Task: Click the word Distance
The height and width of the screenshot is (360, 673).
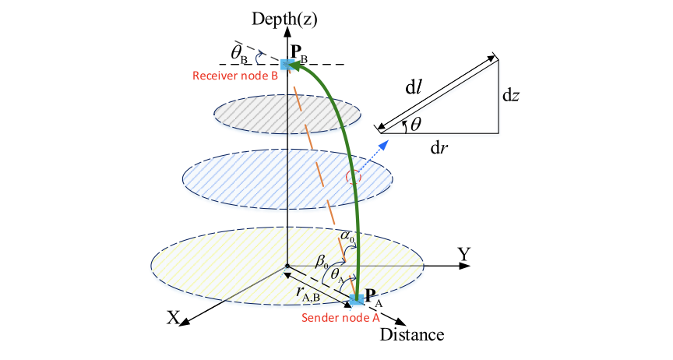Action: click(x=412, y=335)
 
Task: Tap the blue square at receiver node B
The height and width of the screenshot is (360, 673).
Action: click(x=287, y=65)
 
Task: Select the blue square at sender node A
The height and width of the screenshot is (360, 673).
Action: click(x=356, y=298)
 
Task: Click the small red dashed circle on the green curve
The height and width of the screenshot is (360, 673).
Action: click(x=355, y=177)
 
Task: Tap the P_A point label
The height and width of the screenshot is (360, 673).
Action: click(x=373, y=297)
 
